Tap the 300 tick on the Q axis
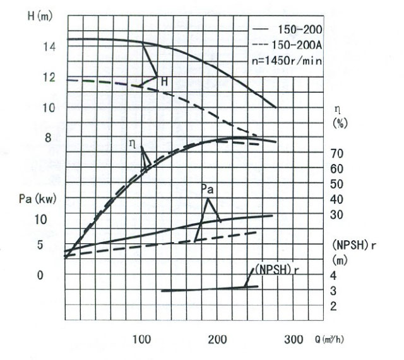point(294,340)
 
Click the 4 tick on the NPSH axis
point(333,275)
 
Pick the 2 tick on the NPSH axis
point(333,306)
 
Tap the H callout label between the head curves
point(164,81)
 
